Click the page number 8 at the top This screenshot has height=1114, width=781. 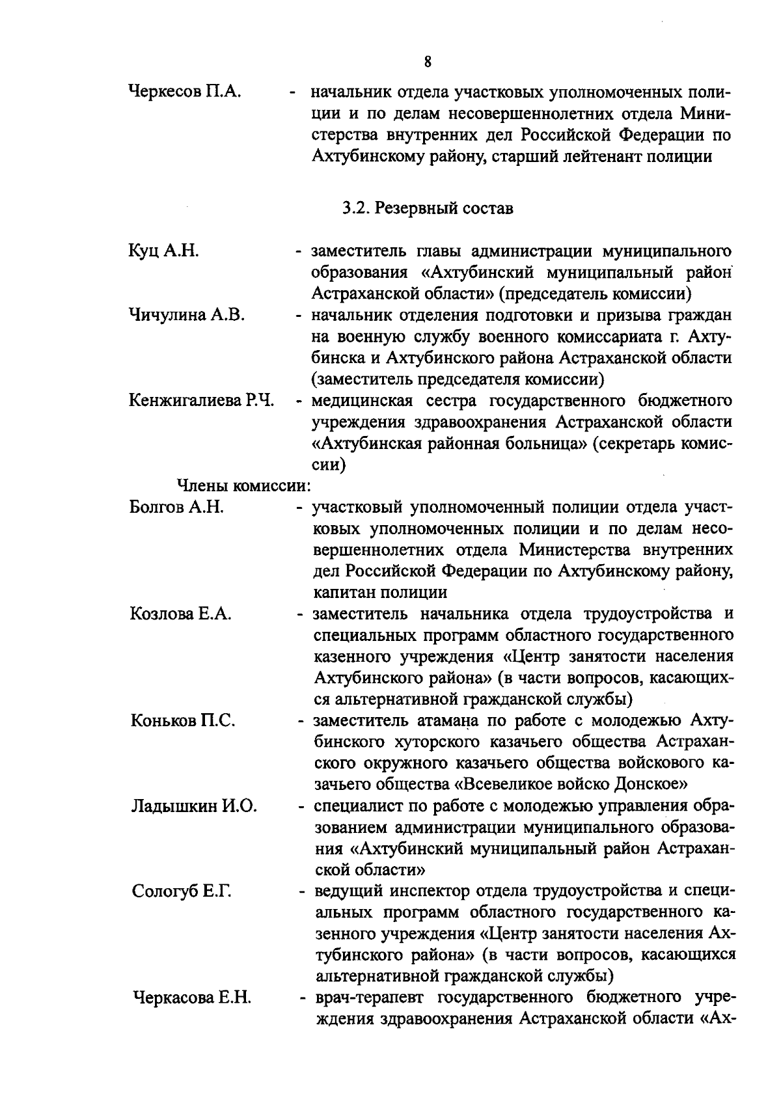tap(428, 62)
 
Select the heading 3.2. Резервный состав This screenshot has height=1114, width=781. tap(428, 208)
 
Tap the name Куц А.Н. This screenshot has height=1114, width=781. tap(163, 251)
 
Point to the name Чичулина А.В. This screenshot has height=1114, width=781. tap(187, 315)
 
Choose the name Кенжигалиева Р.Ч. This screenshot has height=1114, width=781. tap(201, 400)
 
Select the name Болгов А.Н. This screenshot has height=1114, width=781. tap(176, 507)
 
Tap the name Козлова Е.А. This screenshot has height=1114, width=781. tap(181, 614)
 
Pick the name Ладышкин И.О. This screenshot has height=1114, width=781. tap(194, 806)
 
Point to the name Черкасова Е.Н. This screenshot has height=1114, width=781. tap(192, 998)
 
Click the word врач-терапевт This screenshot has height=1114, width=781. tap(369, 998)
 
